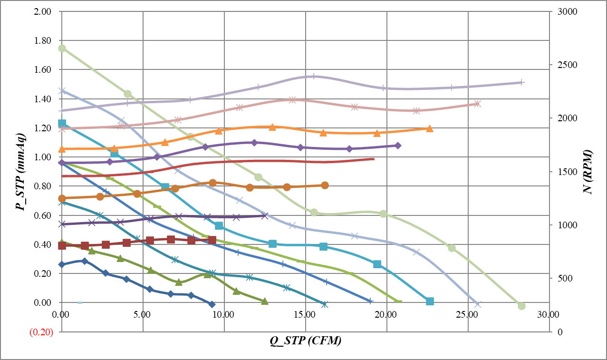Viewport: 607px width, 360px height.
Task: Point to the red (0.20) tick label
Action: tap(41, 332)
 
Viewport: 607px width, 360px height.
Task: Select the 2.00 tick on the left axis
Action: tap(43, 11)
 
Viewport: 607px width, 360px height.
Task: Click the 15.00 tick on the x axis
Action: tap(305, 314)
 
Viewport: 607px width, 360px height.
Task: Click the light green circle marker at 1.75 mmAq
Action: tap(62, 49)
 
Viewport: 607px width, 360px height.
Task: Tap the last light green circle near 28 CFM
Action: tap(521, 306)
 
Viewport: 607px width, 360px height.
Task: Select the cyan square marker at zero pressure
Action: tap(430, 302)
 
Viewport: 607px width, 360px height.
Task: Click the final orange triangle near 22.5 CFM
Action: tap(429, 128)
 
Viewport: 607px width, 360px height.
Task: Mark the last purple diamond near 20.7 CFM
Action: tap(398, 145)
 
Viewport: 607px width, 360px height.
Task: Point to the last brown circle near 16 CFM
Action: tap(325, 185)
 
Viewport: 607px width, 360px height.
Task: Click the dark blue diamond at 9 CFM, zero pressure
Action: tap(212, 304)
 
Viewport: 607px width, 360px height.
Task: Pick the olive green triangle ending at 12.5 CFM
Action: tap(265, 301)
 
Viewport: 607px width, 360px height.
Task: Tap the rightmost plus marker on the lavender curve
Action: tap(521, 82)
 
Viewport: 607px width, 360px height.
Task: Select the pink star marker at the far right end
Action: tap(478, 104)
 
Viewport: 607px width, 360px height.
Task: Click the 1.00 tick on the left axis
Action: tap(43, 157)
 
